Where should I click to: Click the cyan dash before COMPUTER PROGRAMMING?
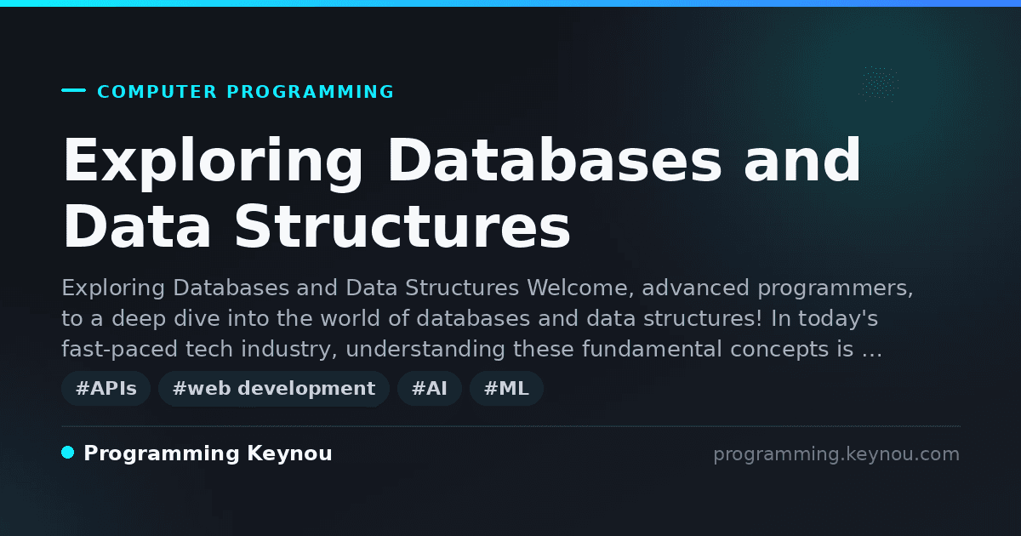point(73,90)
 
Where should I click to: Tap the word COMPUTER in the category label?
point(157,92)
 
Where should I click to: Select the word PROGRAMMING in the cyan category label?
point(311,92)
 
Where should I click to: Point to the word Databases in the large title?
point(555,160)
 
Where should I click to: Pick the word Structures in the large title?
point(402,226)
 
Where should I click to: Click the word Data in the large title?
point(137,226)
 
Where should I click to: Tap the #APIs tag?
point(106,388)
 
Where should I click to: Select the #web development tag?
point(274,388)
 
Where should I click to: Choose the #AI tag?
point(430,388)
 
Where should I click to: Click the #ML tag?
point(506,388)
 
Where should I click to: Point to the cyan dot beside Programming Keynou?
point(68,453)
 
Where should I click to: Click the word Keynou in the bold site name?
point(289,453)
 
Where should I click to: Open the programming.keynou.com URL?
point(836,454)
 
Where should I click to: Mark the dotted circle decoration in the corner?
point(878,84)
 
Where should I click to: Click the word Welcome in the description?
point(580,288)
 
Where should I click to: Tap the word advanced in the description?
point(696,288)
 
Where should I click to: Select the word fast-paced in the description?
point(119,350)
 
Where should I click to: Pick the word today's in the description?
point(836,319)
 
